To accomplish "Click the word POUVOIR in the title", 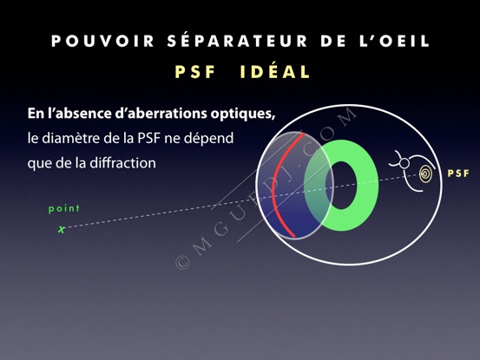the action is pos(102,41).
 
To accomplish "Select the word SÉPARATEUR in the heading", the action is pos(237,40).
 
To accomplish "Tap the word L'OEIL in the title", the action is pos(395,41).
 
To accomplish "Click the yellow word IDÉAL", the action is pos(275,72).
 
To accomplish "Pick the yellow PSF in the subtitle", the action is pos(195,72).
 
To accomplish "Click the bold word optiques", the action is pos(243,114).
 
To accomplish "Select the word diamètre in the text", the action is pos(71,138).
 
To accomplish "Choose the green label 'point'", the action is pos(64,209).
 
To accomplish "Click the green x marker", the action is pos(62,229).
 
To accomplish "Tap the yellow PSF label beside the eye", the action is pos(458,173).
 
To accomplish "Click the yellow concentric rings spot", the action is pos(426,173).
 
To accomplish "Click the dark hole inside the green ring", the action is pos(341,186).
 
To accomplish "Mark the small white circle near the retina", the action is pos(404,163).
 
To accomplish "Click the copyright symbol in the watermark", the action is pos(183,263).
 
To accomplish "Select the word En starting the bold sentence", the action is pos(35,114).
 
